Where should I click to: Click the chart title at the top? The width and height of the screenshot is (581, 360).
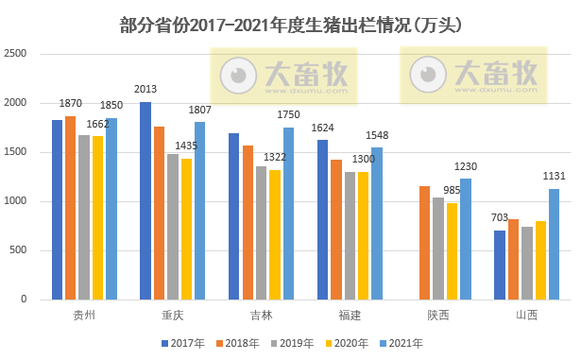click(x=291, y=24)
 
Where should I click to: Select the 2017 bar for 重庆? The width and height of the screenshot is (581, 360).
click(x=145, y=200)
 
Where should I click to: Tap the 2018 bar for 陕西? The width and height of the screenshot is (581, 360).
click(x=425, y=242)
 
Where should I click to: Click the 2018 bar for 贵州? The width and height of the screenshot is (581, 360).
click(x=71, y=207)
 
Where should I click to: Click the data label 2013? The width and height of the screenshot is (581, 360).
click(x=145, y=90)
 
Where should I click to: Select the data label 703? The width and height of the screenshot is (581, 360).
click(x=500, y=218)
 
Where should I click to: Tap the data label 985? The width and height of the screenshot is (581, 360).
click(x=452, y=190)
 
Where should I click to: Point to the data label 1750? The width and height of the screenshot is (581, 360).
click(x=288, y=115)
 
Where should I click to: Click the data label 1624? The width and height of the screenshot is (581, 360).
click(x=323, y=128)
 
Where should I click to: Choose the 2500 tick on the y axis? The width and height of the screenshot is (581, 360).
click(x=27, y=54)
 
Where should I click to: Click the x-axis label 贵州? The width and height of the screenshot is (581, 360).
click(x=84, y=314)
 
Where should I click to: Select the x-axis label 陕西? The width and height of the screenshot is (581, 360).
click(x=438, y=314)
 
